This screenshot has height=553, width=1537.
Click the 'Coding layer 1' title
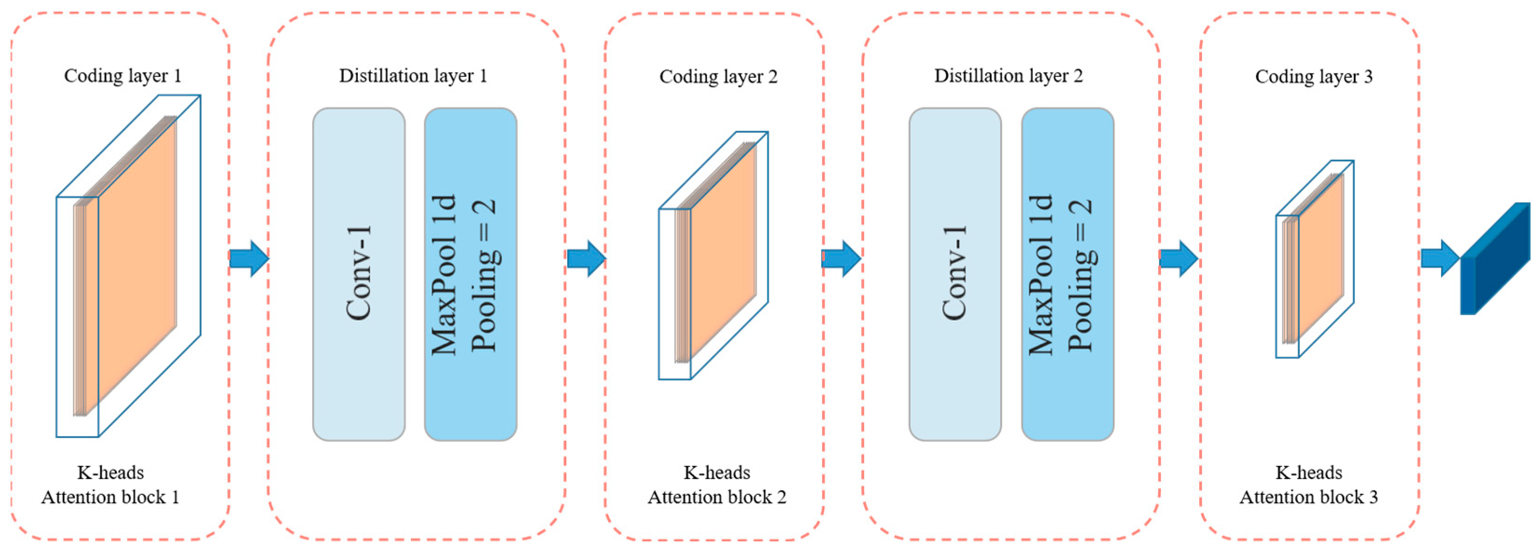tap(122, 76)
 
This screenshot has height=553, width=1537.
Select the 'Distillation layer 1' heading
tap(413, 76)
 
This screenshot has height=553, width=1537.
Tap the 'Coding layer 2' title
tap(718, 76)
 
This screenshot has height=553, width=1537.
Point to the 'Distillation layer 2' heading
tap(1008, 76)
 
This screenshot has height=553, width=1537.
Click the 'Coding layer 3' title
tap(1313, 76)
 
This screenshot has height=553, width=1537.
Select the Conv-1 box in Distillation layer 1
tap(359, 275)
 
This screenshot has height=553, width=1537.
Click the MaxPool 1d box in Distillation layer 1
tap(470, 275)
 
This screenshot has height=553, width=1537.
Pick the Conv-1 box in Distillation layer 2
tap(955, 275)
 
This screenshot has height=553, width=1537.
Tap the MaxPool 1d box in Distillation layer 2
tap(1067, 275)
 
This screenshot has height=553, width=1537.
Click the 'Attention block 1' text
tap(110, 497)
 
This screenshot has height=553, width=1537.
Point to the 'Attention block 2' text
tap(717, 497)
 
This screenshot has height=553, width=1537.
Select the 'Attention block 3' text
tap(1309, 497)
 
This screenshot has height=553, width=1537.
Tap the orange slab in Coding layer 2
tap(722, 250)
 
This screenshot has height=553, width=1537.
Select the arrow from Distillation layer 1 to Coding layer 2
tap(586, 258)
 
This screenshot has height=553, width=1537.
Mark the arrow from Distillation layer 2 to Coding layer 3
tap(1178, 258)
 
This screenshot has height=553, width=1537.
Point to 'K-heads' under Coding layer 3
tap(1309, 472)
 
